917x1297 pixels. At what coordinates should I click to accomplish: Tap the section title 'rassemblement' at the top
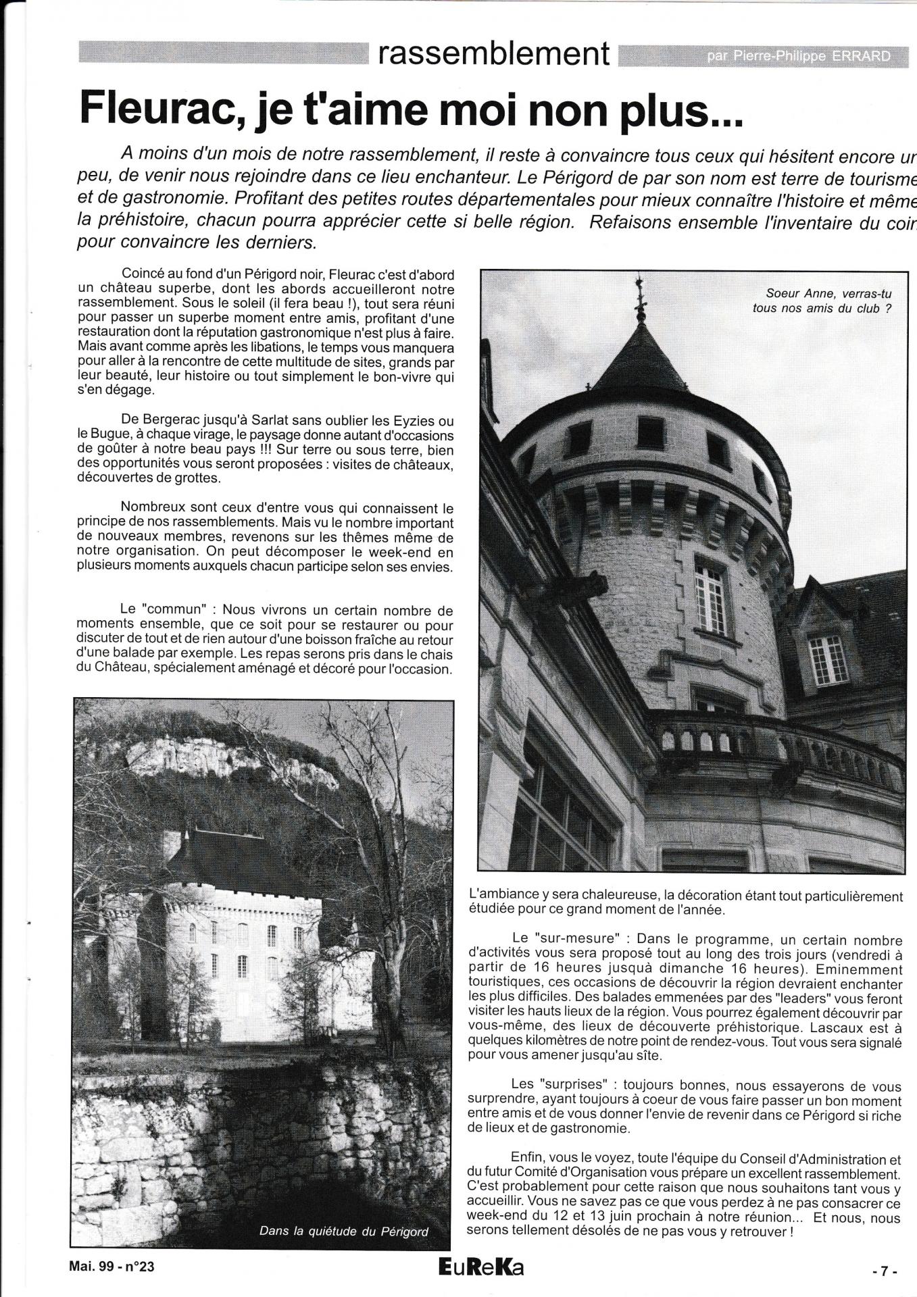click(x=494, y=53)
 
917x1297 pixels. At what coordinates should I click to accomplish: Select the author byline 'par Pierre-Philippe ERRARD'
click(x=798, y=57)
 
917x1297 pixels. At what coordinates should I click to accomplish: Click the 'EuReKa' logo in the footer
click(x=480, y=1267)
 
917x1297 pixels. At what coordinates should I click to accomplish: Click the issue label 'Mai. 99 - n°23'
click(x=112, y=1267)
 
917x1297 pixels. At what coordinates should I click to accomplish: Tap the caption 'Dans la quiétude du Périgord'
click(x=344, y=1231)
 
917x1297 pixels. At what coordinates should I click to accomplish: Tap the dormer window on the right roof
click(x=827, y=658)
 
